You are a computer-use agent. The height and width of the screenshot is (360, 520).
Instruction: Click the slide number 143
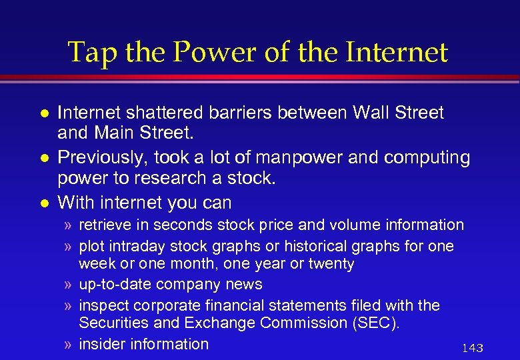coord(472,348)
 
